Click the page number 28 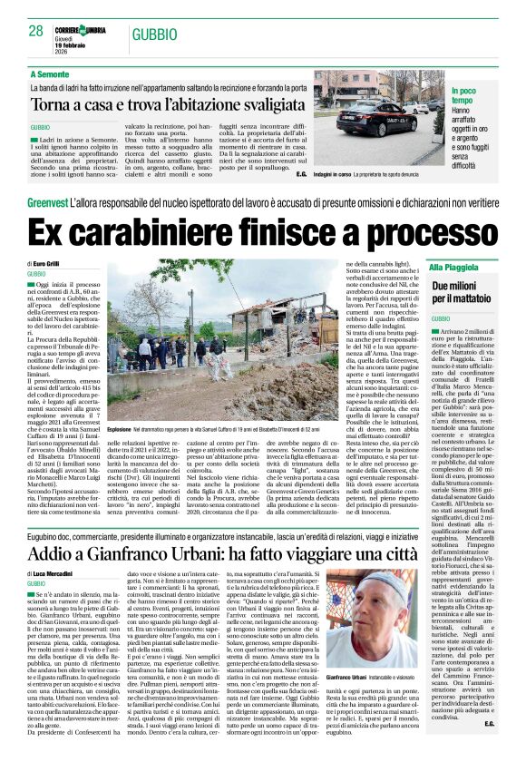click(x=36, y=32)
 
